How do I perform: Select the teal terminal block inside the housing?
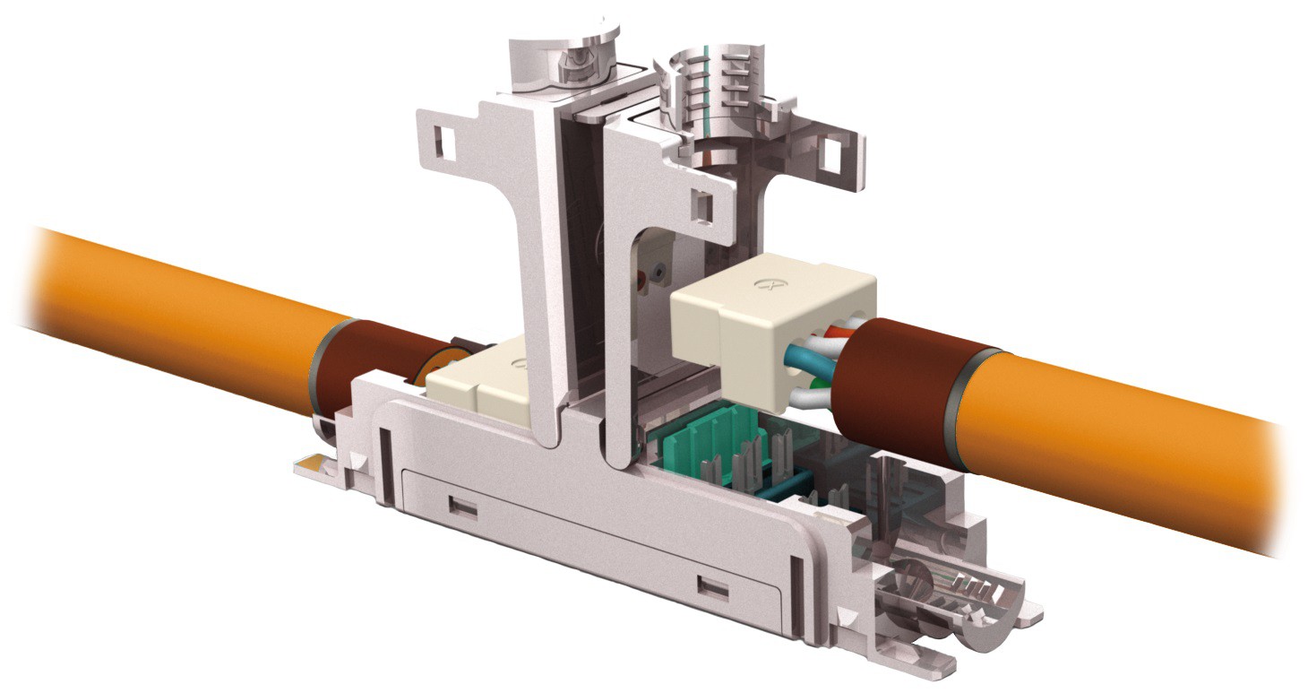point(708,444)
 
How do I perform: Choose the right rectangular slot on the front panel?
point(712,587)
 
